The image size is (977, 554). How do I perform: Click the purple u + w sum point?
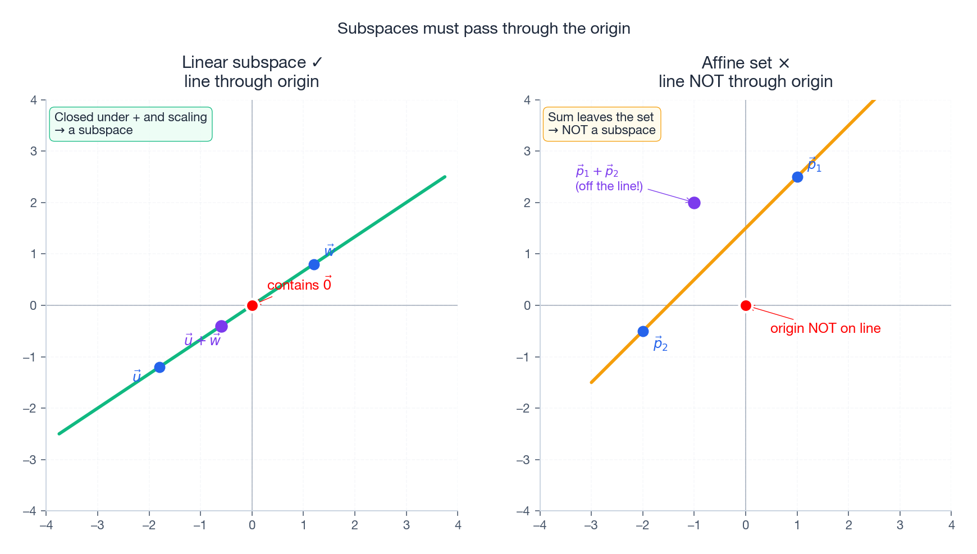(221, 326)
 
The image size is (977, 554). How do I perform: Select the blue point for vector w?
(314, 264)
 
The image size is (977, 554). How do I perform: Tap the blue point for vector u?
(159, 367)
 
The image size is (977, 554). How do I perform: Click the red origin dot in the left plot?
(252, 305)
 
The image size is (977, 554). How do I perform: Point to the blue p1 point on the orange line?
(797, 177)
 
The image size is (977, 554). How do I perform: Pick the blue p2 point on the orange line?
(643, 331)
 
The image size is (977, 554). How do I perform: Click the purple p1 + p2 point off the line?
(694, 203)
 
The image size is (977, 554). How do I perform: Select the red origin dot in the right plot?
(746, 305)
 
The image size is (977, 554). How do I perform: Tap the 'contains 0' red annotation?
(299, 285)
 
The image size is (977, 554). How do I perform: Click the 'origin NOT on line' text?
(825, 328)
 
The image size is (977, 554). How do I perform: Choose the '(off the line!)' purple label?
(609, 186)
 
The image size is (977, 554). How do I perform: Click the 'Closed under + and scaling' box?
(131, 124)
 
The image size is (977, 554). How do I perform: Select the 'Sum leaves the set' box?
(601, 124)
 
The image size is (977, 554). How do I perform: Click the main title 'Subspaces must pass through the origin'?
(483, 29)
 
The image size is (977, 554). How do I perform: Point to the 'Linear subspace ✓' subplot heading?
(252, 62)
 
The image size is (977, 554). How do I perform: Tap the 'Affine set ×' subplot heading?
(745, 62)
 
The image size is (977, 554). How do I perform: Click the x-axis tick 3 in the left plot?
(407, 525)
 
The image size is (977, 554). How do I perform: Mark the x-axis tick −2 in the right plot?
(642, 525)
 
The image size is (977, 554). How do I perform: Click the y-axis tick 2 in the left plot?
(34, 203)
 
